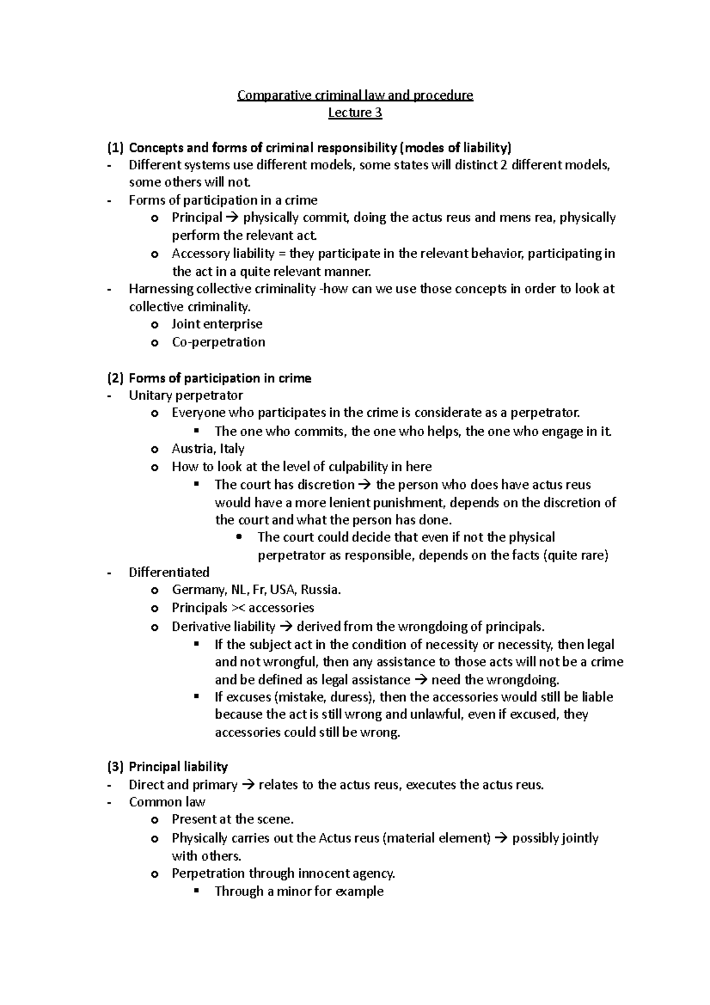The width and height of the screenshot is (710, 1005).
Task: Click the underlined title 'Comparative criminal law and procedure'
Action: tap(355, 95)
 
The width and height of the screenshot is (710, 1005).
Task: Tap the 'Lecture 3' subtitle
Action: tap(355, 113)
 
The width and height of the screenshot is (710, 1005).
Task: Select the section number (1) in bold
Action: tap(115, 147)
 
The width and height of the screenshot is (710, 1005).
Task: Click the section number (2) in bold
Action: tap(115, 378)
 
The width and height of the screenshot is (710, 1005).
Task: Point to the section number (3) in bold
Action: tap(115, 767)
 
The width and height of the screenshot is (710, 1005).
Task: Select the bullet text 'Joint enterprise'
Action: tap(217, 324)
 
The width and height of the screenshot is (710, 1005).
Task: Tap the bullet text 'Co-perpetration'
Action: tap(218, 342)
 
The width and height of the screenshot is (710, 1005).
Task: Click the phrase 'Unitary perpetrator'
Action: tap(186, 395)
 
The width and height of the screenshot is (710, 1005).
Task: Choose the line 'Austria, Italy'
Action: tap(208, 449)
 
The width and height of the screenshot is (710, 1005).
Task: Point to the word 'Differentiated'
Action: tap(169, 572)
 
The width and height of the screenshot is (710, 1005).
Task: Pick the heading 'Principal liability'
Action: tap(178, 767)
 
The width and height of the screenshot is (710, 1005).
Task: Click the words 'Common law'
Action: tap(167, 803)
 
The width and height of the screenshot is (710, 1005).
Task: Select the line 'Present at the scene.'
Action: tap(233, 820)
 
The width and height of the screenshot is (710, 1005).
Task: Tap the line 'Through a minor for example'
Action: tap(299, 891)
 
